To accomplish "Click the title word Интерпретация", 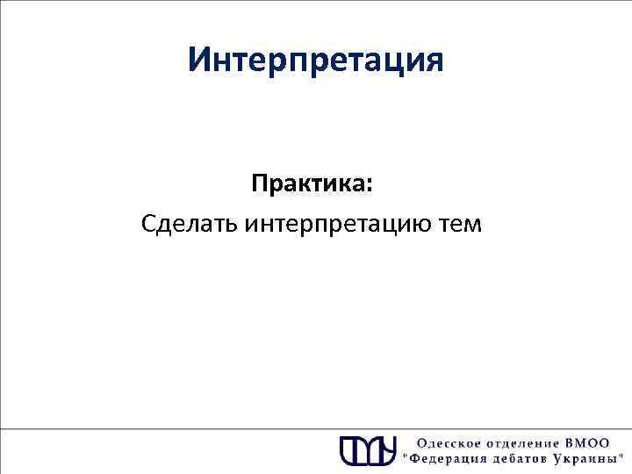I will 316,61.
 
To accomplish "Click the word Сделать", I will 190,225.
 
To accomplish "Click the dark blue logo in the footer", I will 369,449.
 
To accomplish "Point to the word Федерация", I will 446,459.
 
